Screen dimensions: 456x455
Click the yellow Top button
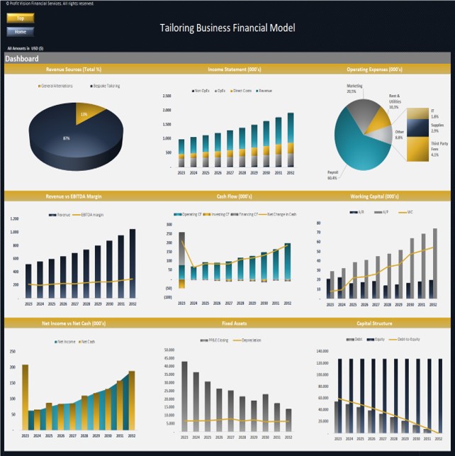pyautogui.click(x=20, y=18)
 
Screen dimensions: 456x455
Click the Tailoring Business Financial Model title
pyautogui.click(x=227, y=28)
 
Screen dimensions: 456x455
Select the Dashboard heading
pyautogui.click(x=22, y=59)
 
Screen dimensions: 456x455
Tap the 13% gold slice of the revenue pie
pyautogui.click(x=87, y=113)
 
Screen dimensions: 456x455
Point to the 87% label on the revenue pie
pyautogui.click(x=67, y=138)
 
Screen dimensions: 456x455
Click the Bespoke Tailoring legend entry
pyautogui.click(x=105, y=86)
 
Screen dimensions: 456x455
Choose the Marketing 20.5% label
pyautogui.click(x=354, y=89)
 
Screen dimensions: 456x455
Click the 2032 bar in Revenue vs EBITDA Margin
pyautogui.click(x=133, y=263)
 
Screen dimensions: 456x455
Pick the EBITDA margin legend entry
pyautogui.click(x=90, y=214)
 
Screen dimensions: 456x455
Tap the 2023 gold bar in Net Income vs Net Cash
pyautogui.click(x=26, y=396)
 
